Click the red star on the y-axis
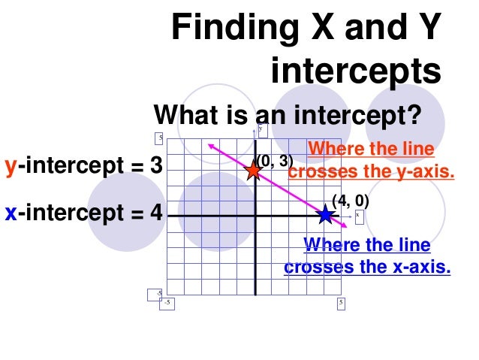pyautogui.click(x=254, y=170)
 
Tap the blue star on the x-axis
pyautogui.click(x=325, y=215)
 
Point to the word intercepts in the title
pyautogui.click(x=355, y=72)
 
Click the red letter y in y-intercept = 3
pyautogui.click(x=11, y=166)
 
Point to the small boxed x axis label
pyautogui.click(x=358, y=215)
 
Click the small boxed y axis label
pyautogui.click(x=260, y=129)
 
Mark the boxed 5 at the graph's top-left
pyautogui.click(x=159, y=137)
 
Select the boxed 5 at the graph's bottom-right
pyautogui.click(x=341, y=303)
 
